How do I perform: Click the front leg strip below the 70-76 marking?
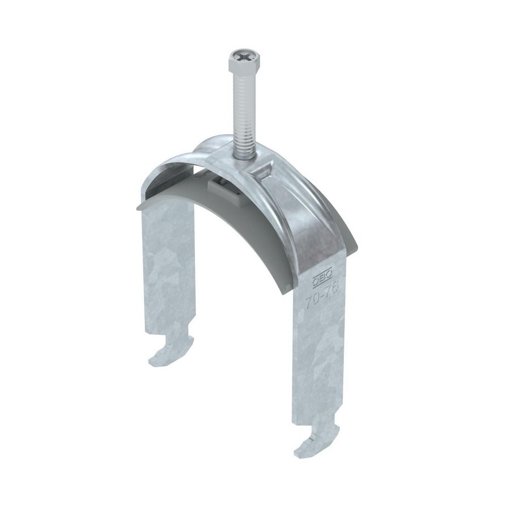point(320,363)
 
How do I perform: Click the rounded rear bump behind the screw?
point(212,142)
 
